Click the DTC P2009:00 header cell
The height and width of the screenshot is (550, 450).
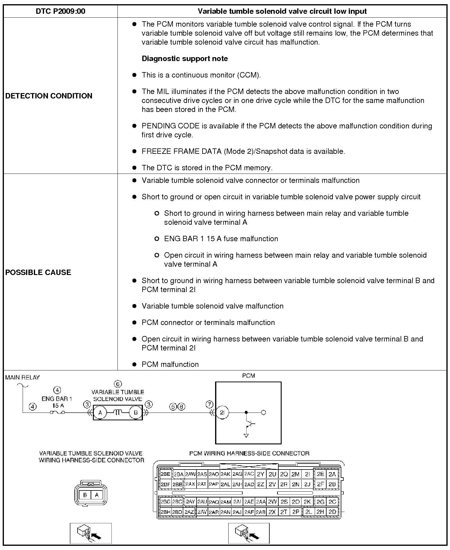[x=61, y=11]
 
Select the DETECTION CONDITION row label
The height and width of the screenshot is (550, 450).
[x=49, y=96]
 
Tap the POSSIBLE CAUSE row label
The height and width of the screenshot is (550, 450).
[x=38, y=272]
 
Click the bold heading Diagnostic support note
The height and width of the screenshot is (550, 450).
[x=185, y=59]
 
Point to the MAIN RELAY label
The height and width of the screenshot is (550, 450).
[x=22, y=378]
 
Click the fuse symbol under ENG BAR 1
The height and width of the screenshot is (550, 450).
[x=57, y=413]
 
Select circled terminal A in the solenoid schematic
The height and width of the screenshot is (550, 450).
[x=100, y=413]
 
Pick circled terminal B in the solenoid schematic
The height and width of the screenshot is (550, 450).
[x=136, y=413]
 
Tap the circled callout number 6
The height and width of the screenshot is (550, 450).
[x=118, y=384]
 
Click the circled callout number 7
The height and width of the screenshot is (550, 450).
[x=209, y=405]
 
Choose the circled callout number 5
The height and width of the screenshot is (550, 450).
[x=173, y=407]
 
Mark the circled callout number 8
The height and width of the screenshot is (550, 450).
[x=181, y=407]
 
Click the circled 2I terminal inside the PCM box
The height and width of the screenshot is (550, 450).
[x=222, y=412]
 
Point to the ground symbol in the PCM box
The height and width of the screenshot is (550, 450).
[x=246, y=435]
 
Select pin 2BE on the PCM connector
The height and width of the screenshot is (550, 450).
[x=165, y=474]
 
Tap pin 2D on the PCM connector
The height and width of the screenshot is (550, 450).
[x=332, y=512]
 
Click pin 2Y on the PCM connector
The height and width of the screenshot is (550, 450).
[x=261, y=474]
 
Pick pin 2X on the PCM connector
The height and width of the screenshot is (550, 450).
[x=272, y=512]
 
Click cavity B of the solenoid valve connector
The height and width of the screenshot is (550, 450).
[x=85, y=495]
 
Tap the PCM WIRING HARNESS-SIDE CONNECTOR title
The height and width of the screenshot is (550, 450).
[x=249, y=453]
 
